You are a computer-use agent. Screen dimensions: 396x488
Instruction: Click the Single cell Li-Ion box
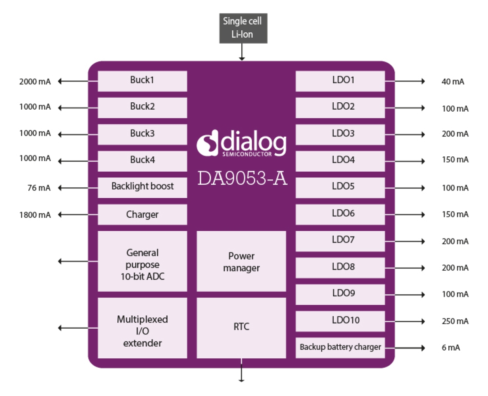click(243, 28)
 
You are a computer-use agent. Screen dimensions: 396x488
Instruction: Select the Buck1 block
click(142, 81)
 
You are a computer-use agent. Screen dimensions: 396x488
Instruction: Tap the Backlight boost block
click(142, 187)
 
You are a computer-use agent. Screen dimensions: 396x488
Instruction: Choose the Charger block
click(142, 214)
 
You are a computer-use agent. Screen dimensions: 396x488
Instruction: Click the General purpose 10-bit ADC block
click(142, 261)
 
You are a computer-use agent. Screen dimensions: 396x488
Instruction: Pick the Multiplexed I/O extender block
click(142, 328)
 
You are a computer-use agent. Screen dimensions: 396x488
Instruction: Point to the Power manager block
click(241, 261)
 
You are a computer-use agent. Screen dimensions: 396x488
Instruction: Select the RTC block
click(241, 328)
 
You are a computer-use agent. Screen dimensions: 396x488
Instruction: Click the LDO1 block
click(340, 81)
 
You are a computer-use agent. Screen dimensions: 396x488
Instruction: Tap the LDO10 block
click(340, 321)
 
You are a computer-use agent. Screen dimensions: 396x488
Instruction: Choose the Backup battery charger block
click(340, 347)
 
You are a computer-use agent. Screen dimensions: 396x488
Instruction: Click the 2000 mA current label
click(35, 82)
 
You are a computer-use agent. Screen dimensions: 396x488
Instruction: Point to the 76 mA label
click(39, 188)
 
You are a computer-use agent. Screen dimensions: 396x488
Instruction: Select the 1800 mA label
click(35, 215)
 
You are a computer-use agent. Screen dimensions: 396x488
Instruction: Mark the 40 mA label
click(453, 82)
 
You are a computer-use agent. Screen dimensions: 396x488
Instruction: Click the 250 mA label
click(455, 321)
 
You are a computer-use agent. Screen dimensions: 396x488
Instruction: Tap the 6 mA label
click(451, 348)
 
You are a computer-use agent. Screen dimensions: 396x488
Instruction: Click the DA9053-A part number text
click(242, 179)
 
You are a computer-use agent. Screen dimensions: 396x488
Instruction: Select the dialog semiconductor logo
click(241, 144)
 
